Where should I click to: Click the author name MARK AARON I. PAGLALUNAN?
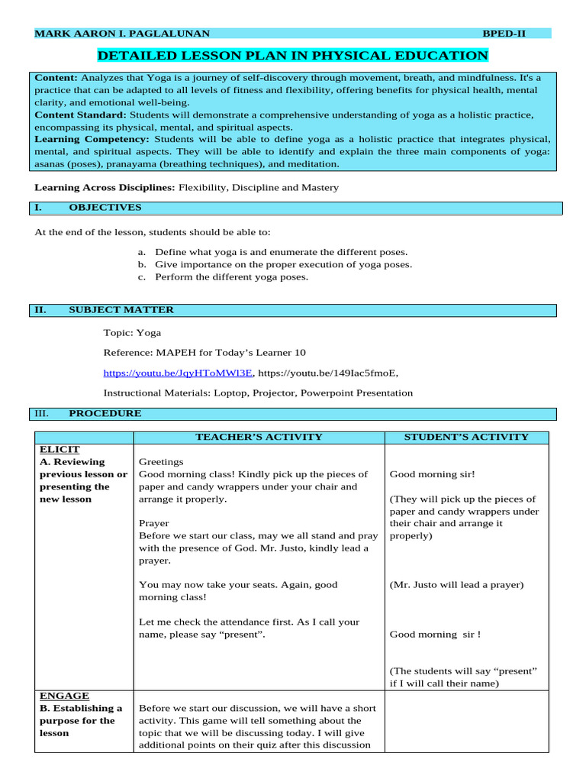122,34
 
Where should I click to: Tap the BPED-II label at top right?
504,34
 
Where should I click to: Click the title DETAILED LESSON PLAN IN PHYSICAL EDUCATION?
292,56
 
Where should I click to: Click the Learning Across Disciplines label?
105,187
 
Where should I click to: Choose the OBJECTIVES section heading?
105,208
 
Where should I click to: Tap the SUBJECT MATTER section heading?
121,310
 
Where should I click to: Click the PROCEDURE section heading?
105,414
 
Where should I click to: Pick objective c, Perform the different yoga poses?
231,277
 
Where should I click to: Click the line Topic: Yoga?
132,333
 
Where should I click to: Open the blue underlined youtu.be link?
178,373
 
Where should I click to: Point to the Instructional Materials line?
258,393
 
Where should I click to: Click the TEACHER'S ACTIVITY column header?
259,437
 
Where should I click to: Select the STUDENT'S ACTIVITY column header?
465,437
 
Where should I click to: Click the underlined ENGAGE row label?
64,696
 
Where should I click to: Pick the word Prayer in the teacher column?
153,524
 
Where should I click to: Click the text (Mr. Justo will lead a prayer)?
456,585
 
